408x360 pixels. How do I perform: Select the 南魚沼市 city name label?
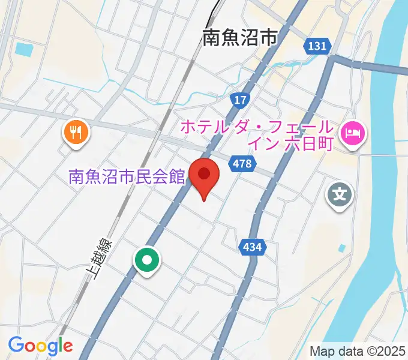(x=239, y=39)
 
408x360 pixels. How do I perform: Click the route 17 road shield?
(x=240, y=100)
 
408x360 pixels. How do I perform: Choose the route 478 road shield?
(x=243, y=163)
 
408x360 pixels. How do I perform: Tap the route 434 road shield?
(x=252, y=246)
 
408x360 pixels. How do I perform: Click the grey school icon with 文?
(x=340, y=195)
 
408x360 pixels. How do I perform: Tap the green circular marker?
(x=147, y=260)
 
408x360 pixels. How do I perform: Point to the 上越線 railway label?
(x=93, y=259)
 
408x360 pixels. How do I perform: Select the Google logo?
(x=40, y=346)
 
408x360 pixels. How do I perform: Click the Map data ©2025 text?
(x=357, y=351)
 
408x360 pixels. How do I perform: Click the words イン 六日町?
(x=290, y=144)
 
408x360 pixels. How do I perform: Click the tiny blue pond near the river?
(x=342, y=248)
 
